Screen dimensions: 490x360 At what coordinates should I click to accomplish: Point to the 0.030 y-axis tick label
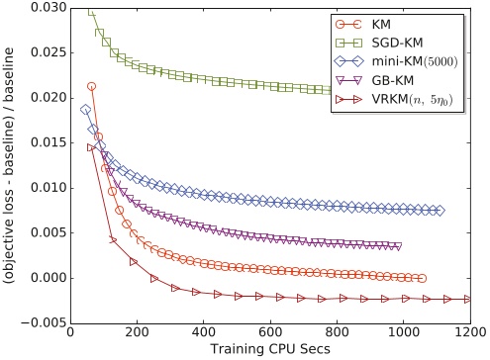click(x=49, y=8)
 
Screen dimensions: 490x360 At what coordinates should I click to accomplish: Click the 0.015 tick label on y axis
click(x=49, y=143)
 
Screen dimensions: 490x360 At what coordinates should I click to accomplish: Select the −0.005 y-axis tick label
click(x=44, y=323)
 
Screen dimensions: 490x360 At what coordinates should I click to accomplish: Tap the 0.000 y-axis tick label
click(x=49, y=278)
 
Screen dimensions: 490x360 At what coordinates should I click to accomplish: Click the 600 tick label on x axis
click(x=270, y=332)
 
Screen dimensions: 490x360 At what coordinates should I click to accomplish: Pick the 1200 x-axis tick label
click(x=470, y=332)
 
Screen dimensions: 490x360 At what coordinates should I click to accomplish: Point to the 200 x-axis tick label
click(x=138, y=332)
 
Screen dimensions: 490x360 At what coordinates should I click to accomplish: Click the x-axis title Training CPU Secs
click(x=270, y=349)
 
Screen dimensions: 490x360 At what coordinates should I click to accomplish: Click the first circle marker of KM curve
click(x=91, y=87)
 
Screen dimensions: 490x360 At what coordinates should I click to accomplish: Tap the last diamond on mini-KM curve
click(x=440, y=211)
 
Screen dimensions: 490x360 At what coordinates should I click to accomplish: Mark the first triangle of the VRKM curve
click(x=91, y=147)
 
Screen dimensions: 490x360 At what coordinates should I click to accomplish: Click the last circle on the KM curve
click(x=422, y=279)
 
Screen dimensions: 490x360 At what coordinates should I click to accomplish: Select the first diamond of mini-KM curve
click(x=85, y=110)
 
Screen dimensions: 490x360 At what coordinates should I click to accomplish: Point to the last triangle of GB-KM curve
click(x=398, y=246)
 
